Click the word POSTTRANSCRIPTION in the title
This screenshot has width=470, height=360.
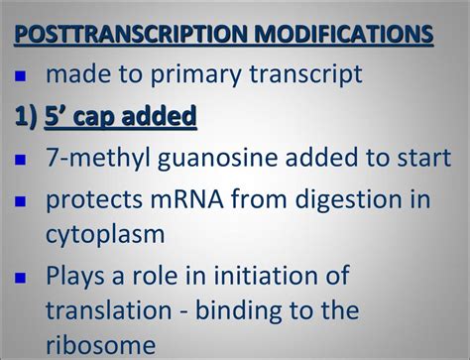coord(124,35)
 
